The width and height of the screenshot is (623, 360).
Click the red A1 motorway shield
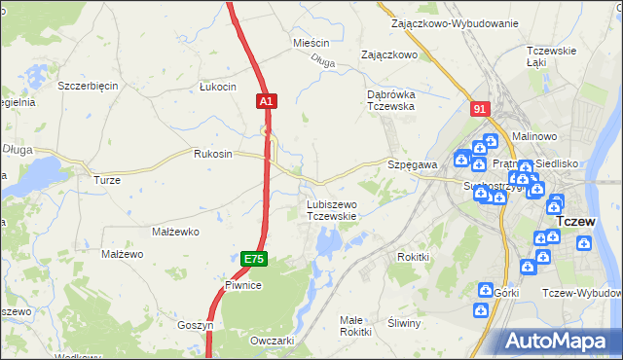[x=268, y=100]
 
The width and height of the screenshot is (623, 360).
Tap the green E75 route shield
[x=253, y=258]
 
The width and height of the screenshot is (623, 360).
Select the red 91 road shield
[x=478, y=109]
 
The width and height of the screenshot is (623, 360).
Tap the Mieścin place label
[x=311, y=44]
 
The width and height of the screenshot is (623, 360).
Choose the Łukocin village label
[x=218, y=87]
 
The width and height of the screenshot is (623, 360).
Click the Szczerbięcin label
[x=88, y=86]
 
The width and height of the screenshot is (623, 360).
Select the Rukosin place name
[x=213, y=154]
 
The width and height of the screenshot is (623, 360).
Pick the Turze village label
[x=106, y=180]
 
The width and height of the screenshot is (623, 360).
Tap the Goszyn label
[x=195, y=325]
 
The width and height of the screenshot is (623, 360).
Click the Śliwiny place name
[x=403, y=323]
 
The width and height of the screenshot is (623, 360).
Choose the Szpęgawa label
[x=413, y=165]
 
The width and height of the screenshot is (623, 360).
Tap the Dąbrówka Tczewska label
[x=391, y=100]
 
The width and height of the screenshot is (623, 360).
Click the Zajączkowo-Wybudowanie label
[x=454, y=22]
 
